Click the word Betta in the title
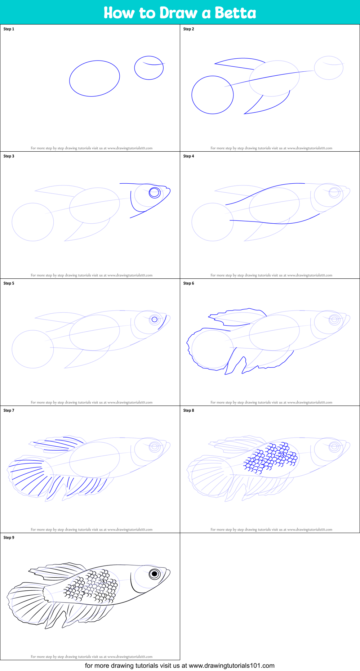pyautogui.click(x=235, y=13)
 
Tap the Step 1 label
pyautogui.click(x=9, y=29)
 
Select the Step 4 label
pyautogui.click(x=188, y=156)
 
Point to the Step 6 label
pyautogui.click(x=188, y=283)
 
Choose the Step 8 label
pyautogui.click(x=188, y=411)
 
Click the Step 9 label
pyautogui.click(x=9, y=538)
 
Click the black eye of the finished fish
pyautogui.click(x=154, y=574)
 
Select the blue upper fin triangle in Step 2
pyautogui.click(x=240, y=63)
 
